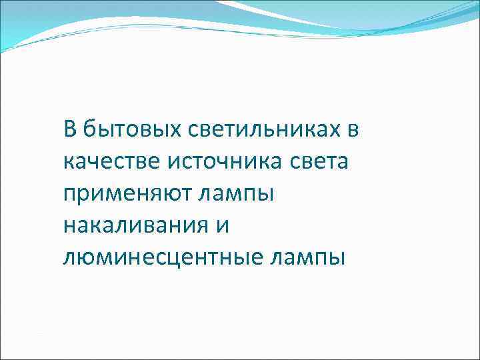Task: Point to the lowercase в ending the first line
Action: pos(353,130)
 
